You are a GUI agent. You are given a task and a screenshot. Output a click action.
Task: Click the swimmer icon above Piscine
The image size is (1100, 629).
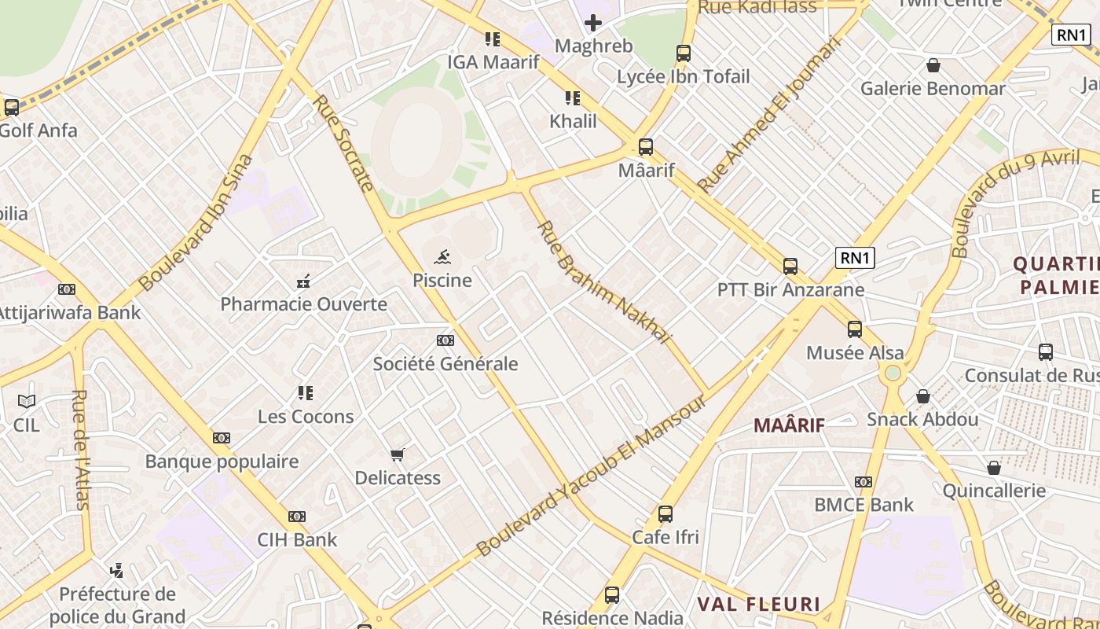(442, 257)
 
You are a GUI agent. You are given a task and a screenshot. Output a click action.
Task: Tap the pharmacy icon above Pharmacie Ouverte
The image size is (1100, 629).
(303, 281)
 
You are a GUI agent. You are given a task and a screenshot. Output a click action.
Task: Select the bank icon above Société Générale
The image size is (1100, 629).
(445, 340)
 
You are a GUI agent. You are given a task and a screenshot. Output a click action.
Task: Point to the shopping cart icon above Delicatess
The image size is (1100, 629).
(398, 454)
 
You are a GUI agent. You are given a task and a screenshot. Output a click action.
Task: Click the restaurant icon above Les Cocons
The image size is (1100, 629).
(306, 393)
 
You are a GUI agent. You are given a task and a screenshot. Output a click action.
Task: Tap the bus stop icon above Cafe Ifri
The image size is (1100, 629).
(665, 514)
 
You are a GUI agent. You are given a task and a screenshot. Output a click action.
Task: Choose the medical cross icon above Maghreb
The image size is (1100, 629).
(593, 23)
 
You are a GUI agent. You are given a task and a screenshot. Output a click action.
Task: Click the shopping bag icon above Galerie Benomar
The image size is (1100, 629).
(933, 65)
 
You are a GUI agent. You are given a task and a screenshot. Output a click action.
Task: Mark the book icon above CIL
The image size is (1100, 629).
(27, 402)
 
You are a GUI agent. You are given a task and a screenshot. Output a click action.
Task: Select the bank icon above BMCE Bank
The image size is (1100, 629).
(863, 482)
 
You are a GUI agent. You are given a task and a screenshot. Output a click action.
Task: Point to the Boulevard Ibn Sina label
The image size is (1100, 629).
(196, 223)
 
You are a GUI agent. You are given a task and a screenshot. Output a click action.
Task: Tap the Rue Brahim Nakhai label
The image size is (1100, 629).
(604, 281)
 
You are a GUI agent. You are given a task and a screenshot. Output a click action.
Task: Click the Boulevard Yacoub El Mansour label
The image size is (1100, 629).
(590, 476)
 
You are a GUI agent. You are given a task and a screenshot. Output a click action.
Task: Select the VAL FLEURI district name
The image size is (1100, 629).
(760, 605)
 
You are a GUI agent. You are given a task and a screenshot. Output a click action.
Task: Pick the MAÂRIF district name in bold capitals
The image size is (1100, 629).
(789, 425)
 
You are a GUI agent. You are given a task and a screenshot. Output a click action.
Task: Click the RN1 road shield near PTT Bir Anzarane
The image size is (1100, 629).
(855, 258)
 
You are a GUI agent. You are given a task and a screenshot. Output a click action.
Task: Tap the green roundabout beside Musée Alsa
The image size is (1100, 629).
(893, 373)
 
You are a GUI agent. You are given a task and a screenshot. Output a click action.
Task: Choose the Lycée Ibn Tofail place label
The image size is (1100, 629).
(684, 77)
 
